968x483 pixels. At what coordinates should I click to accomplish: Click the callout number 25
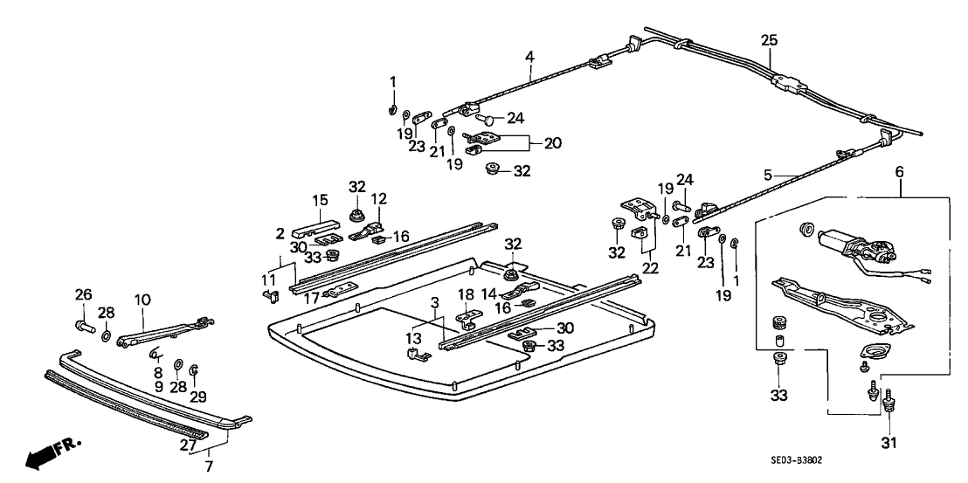point(768,39)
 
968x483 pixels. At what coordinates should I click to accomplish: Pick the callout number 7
point(208,464)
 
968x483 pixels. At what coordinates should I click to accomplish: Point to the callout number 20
point(553,142)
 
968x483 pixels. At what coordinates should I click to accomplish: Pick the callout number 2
point(281,233)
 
